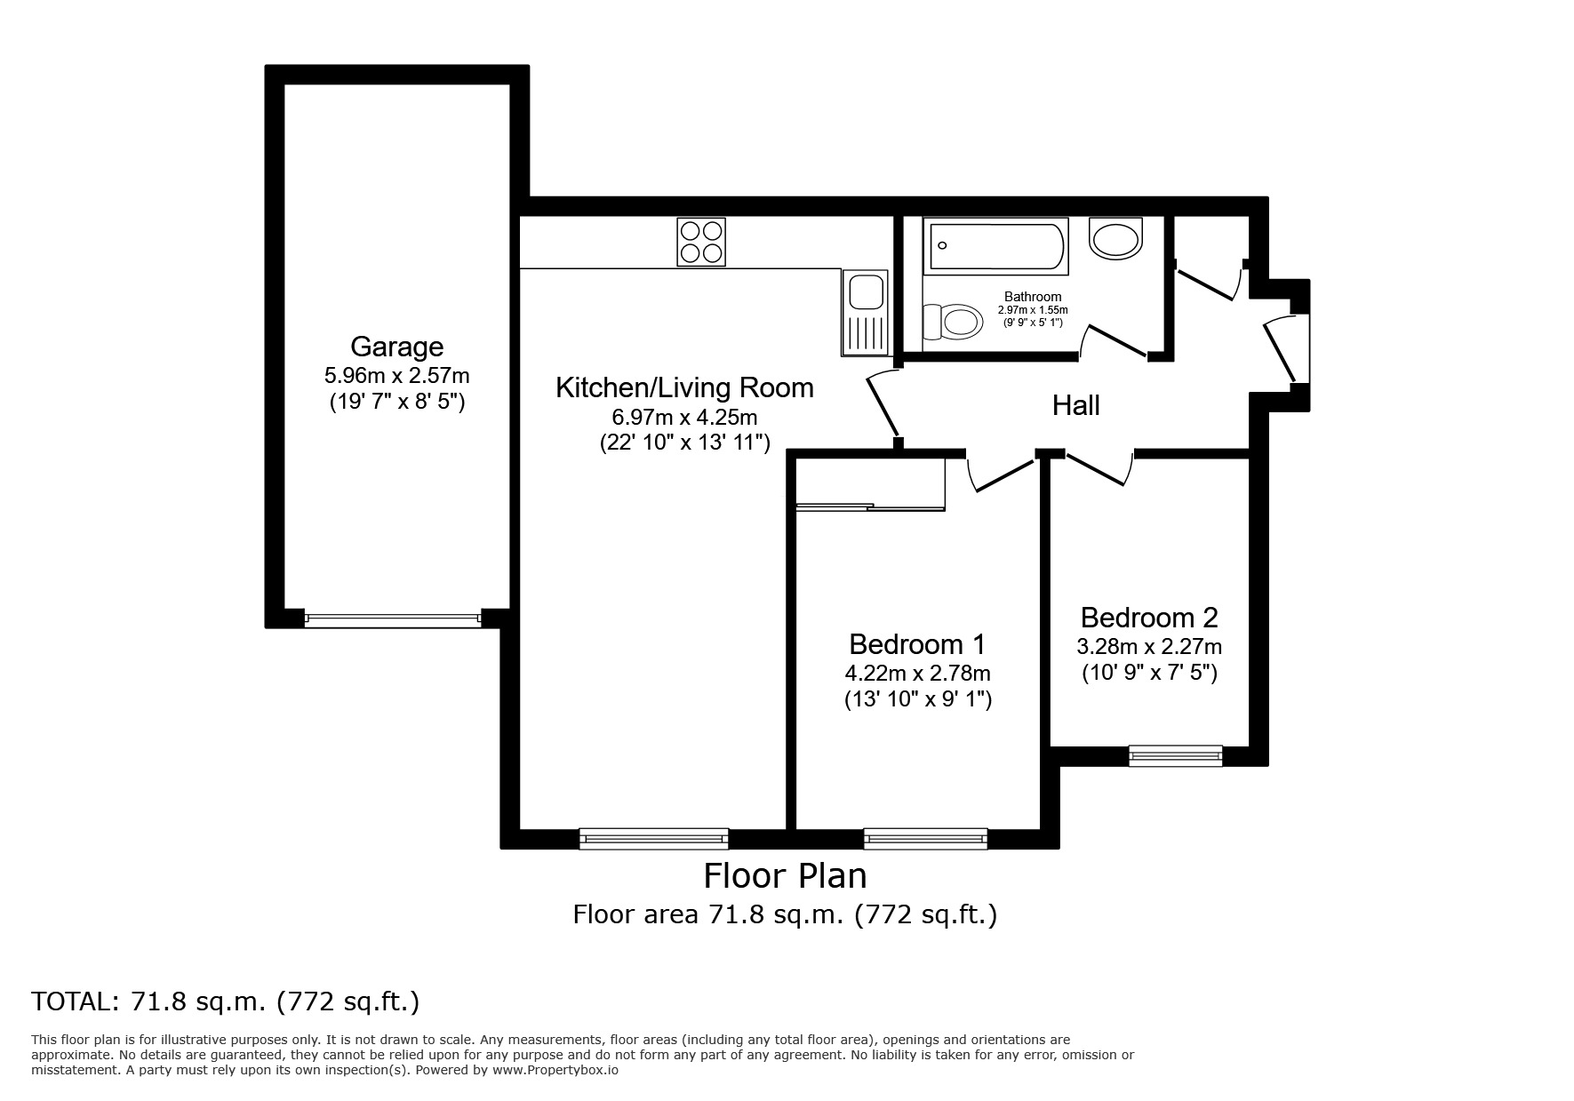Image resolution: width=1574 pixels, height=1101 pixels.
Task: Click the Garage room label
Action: (396, 346)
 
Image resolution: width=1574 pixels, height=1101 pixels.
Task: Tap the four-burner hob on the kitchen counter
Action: (701, 242)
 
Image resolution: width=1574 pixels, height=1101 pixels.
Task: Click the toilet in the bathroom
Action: (952, 320)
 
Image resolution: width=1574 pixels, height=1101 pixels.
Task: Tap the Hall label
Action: (1075, 405)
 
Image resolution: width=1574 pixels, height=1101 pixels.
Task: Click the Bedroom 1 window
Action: (925, 838)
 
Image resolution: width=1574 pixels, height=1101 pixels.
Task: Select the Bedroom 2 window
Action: (1175, 755)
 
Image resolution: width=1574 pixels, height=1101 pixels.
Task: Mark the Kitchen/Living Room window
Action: (653, 838)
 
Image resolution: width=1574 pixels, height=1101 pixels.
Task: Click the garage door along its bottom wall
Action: (392, 618)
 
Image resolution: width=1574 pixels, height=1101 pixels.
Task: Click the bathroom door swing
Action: (1113, 342)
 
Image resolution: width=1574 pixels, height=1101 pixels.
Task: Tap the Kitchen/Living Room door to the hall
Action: (882, 404)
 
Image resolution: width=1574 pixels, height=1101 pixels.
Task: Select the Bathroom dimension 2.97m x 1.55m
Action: (1033, 310)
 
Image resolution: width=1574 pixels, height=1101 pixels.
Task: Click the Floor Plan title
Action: (785, 876)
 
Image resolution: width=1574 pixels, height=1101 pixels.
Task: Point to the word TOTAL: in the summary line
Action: (75, 1002)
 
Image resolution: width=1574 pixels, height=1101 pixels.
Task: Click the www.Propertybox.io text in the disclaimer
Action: (555, 1071)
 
